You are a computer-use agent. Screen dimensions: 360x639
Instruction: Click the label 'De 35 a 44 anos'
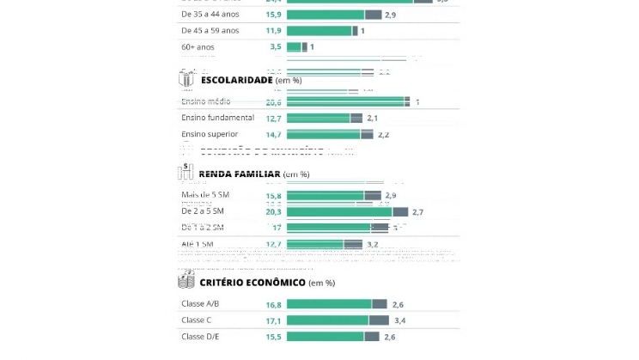coord(210,15)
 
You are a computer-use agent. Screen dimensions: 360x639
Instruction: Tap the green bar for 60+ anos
coord(294,46)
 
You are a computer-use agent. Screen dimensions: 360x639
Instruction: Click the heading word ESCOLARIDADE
coord(237,80)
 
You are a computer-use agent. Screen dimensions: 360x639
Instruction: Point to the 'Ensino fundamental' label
coord(217,118)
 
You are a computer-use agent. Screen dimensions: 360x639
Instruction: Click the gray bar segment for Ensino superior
coord(367,135)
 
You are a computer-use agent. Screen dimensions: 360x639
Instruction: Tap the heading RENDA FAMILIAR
coord(240,174)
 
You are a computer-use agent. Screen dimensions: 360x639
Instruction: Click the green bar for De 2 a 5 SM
coord(339,211)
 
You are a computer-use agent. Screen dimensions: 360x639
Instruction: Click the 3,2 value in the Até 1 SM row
coord(373,244)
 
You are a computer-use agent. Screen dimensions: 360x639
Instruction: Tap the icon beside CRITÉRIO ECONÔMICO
coord(186,281)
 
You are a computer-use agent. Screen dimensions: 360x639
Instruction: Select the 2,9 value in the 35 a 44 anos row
coord(391,15)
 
